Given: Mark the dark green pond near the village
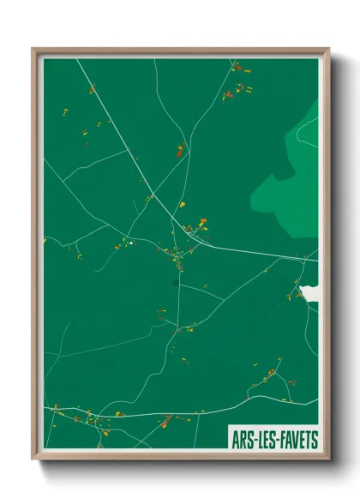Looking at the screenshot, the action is [175, 280].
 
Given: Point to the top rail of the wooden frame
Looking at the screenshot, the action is [180, 50].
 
